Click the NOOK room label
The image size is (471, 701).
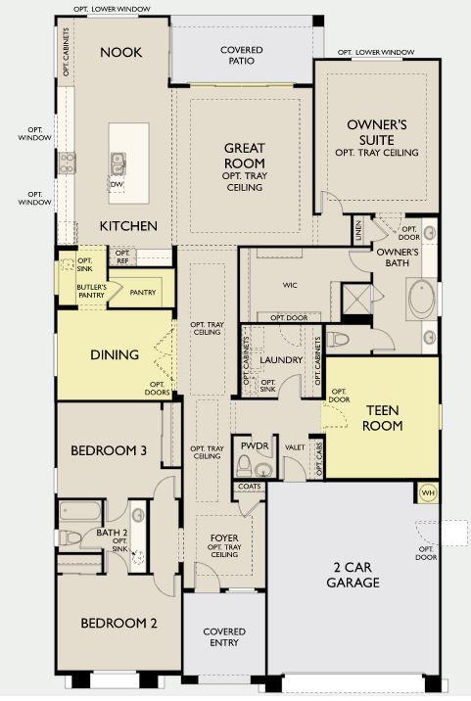point(120,52)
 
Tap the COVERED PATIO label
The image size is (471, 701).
point(242,55)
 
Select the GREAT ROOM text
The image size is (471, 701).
point(245,155)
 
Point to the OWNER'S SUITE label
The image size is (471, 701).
point(377,132)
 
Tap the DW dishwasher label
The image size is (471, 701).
point(118,184)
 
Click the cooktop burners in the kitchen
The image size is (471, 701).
point(67,163)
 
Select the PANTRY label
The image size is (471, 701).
point(143,292)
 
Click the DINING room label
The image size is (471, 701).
point(115,355)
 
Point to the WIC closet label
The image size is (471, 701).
point(290,285)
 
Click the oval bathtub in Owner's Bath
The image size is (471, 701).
point(422,300)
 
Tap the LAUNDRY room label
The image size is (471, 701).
point(281,360)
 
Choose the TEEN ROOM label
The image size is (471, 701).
point(383,417)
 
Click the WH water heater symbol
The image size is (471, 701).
point(428,493)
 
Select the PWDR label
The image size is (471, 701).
point(255,445)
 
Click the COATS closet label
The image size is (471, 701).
point(250,486)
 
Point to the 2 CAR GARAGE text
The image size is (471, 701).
point(353,575)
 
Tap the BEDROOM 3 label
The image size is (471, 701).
point(109,450)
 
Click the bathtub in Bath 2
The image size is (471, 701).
point(80,510)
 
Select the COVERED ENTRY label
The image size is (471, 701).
point(224,637)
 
